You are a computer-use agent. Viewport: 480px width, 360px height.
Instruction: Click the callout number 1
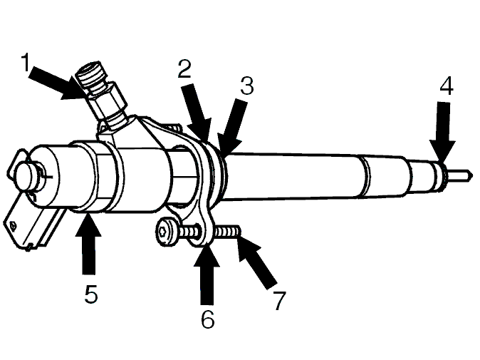click(x=26, y=62)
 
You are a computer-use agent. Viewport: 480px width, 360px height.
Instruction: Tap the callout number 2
click(x=185, y=68)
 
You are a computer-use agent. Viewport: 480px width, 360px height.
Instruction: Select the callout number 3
click(x=247, y=86)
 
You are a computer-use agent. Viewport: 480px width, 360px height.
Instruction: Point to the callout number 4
click(x=447, y=86)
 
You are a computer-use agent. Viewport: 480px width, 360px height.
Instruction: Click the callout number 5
click(x=91, y=294)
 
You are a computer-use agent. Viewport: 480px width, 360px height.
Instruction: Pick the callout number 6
click(x=208, y=319)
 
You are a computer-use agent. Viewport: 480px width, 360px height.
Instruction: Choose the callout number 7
click(x=279, y=300)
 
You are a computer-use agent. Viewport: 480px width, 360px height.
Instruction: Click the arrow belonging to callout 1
click(x=58, y=82)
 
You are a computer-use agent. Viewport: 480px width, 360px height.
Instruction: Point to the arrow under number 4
click(x=443, y=133)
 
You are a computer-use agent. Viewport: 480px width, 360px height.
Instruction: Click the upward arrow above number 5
click(x=88, y=245)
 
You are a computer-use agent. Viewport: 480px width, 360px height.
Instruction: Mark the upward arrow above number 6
click(x=207, y=274)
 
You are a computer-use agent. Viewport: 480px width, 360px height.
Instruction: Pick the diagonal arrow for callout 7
click(x=256, y=261)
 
